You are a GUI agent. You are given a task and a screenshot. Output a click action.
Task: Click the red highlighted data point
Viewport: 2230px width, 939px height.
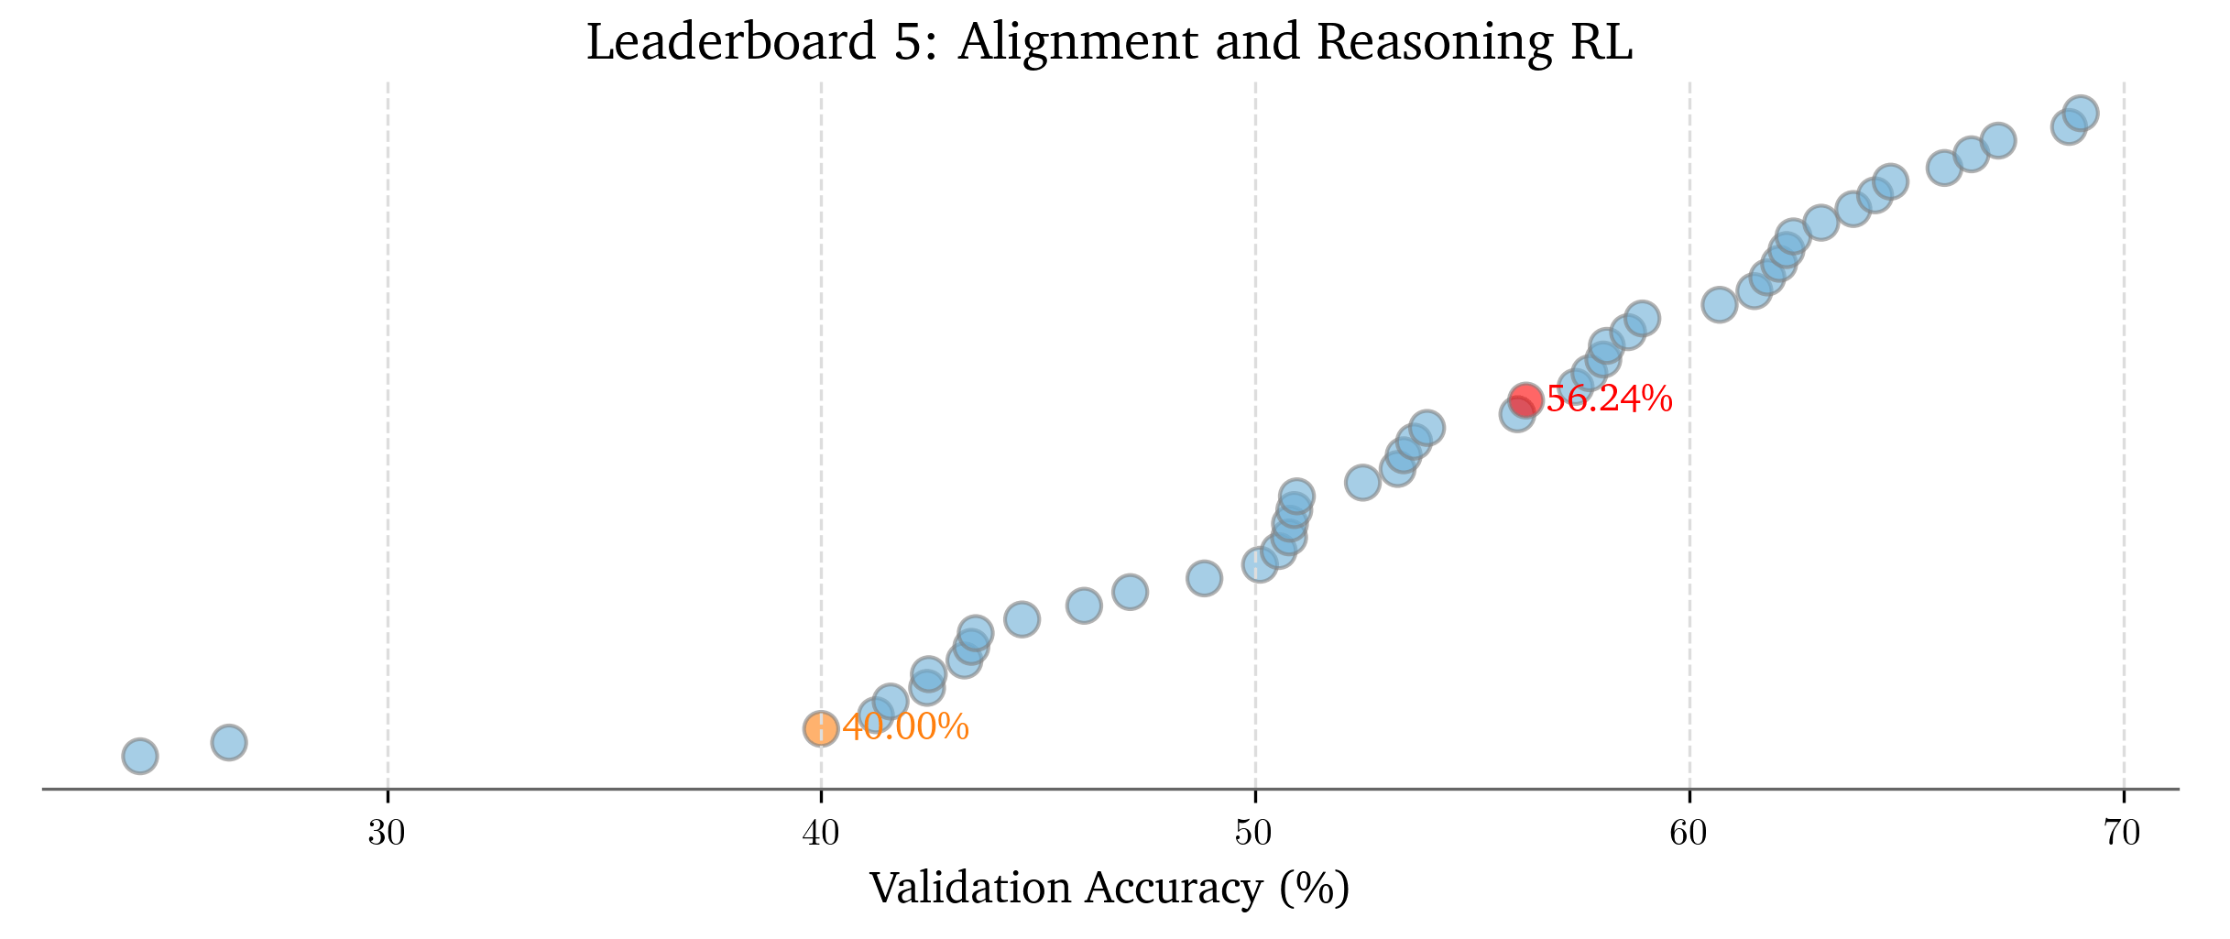coord(1525,399)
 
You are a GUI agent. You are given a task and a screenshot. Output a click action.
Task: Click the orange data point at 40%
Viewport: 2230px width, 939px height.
coord(821,729)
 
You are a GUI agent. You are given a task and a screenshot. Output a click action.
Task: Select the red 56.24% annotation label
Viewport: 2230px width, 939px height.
coord(1609,399)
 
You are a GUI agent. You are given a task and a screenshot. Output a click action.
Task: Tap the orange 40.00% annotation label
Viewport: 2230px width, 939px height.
coord(905,728)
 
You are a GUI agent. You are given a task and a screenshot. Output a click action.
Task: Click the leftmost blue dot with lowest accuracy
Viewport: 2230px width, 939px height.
coord(139,757)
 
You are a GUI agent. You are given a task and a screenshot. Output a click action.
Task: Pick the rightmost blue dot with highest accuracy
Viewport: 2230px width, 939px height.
coord(2082,114)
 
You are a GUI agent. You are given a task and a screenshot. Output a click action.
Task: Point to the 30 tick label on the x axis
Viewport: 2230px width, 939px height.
coord(388,834)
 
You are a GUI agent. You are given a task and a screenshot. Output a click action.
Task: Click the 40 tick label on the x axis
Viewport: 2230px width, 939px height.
coord(821,834)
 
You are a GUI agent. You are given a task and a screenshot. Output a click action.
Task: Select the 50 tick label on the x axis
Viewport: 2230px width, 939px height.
coord(1255,834)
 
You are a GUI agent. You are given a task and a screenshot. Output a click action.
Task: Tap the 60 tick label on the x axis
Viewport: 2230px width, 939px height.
coord(1689,834)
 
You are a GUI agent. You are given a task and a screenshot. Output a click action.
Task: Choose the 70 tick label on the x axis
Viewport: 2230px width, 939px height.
coord(2123,834)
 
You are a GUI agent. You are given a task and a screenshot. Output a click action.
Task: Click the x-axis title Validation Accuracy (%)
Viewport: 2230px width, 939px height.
coord(1109,889)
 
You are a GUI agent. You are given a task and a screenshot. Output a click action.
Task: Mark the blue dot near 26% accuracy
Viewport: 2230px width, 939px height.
coord(228,742)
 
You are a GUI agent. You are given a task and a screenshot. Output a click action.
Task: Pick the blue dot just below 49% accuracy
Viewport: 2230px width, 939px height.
coord(1204,578)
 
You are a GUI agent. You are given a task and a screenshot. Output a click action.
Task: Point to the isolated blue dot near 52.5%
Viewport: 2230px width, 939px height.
coord(1362,482)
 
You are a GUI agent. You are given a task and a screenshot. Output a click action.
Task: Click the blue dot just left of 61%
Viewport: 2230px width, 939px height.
coord(1719,304)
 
